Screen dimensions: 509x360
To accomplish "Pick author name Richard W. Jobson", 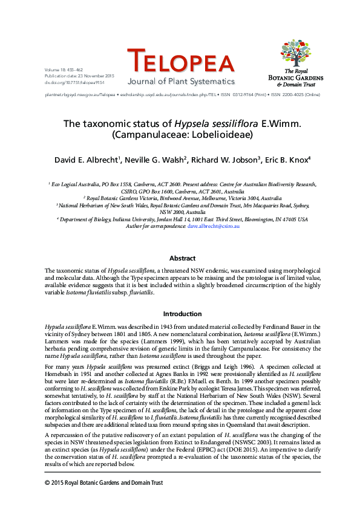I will coord(221,161).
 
